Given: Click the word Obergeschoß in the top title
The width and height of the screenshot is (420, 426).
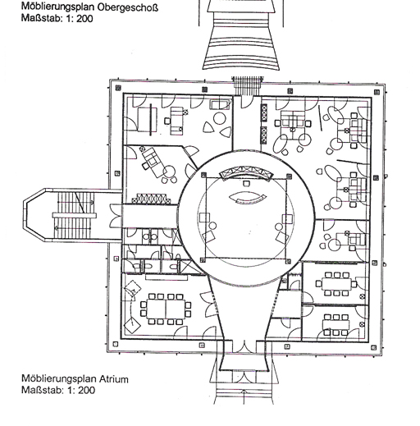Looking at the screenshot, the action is [x=128, y=7].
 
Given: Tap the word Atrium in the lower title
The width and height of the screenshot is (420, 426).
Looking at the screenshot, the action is [x=113, y=379].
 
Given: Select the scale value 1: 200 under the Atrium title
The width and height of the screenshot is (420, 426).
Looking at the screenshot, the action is [x=81, y=390].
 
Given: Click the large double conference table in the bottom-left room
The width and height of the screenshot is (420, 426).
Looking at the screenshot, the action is [x=166, y=309].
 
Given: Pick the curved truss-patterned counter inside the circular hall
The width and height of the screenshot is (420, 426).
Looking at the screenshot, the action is [x=246, y=172].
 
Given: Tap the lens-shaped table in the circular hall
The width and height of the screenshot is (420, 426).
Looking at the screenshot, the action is [x=247, y=198].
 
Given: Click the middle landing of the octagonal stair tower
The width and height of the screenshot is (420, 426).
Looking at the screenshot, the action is [x=74, y=216].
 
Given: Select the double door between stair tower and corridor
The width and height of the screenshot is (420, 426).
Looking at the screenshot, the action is [x=116, y=216].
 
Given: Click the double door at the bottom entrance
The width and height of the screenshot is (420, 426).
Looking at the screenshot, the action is [x=244, y=346].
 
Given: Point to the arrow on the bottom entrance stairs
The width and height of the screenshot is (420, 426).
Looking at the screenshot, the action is [x=244, y=396].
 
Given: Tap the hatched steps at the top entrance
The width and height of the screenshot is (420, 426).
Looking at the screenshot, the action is [x=248, y=85].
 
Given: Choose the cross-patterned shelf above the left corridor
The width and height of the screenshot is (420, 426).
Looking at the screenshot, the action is [x=149, y=199].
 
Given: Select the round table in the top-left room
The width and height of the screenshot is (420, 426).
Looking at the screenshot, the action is [x=220, y=119].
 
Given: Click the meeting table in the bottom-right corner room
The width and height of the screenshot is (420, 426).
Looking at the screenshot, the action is [x=336, y=324].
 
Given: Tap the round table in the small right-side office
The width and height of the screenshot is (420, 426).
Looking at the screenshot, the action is [x=334, y=245].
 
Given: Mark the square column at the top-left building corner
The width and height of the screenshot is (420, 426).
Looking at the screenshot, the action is [x=118, y=88].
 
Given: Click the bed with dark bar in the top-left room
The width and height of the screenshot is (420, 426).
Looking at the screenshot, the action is [x=148, y=120].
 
